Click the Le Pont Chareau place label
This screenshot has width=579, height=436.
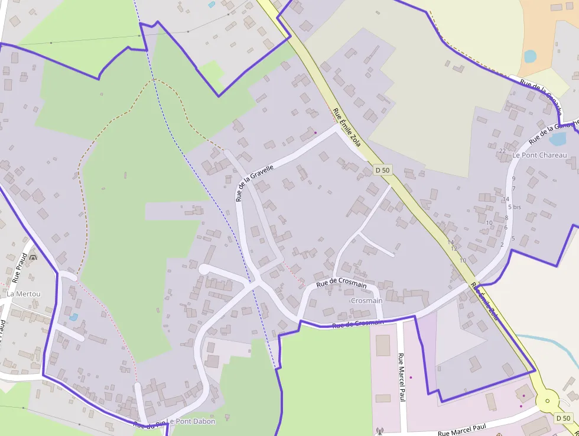539,155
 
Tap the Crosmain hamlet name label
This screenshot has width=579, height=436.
366,301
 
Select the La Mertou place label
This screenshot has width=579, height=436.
24,293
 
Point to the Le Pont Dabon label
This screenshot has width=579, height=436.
191,421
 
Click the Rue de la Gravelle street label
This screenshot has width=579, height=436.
254,183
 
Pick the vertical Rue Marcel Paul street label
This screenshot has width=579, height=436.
402,378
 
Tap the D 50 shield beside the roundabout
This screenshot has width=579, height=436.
564,418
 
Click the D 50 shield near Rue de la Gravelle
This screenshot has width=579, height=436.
383,170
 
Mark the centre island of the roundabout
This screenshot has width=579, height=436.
547,401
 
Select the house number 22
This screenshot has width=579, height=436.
502,151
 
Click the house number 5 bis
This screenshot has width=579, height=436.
514,207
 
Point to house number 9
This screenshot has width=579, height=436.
513,179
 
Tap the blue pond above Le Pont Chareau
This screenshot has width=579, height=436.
557,139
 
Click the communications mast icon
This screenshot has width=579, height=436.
379,431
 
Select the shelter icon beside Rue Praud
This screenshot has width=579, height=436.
32,259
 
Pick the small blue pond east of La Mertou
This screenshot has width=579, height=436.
73,317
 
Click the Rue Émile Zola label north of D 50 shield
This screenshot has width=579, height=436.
347,125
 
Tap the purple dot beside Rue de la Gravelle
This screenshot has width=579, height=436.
315,132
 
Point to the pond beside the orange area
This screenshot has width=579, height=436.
530,56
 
